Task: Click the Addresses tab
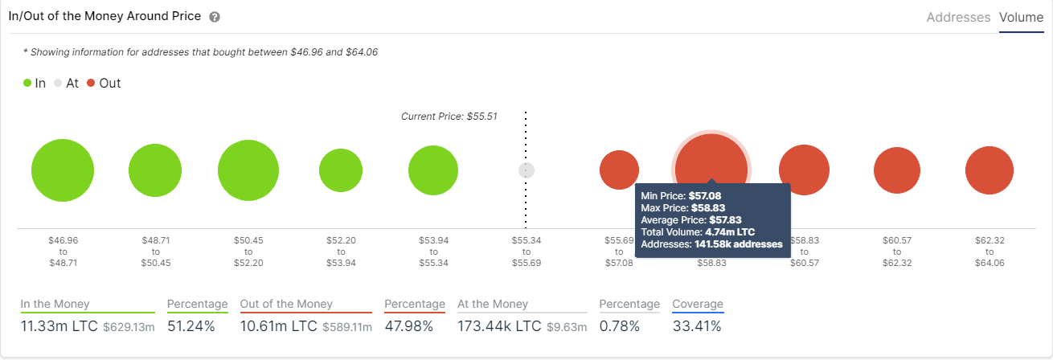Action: [958, 17]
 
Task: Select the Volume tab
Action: [1021, 17]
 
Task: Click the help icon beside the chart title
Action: [215, 17]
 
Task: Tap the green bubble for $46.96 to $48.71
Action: [63, 170]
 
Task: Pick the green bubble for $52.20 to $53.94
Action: [341, 170]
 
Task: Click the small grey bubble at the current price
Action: [526, 170]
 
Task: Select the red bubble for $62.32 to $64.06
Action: [989, 170]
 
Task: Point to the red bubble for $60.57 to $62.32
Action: [896, 170]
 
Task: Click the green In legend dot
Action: [27, 83]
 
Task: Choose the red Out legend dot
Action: [92, 83]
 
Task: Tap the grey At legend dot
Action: [58, 83]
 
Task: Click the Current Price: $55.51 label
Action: [449, 117]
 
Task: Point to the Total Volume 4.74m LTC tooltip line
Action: [698, 232]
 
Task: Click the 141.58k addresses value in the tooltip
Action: [739, 244]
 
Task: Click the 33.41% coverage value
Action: [697, 326]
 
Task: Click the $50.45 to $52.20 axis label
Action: [248, 251]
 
